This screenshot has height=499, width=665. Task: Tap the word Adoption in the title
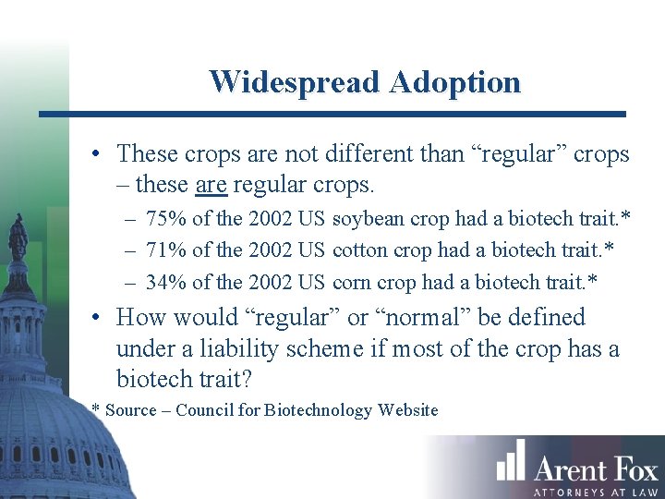pos(455,81)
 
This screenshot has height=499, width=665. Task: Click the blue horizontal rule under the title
pos(332,114)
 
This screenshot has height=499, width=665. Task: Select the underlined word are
pos(212,185)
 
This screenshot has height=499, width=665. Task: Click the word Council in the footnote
pos(205,410)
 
